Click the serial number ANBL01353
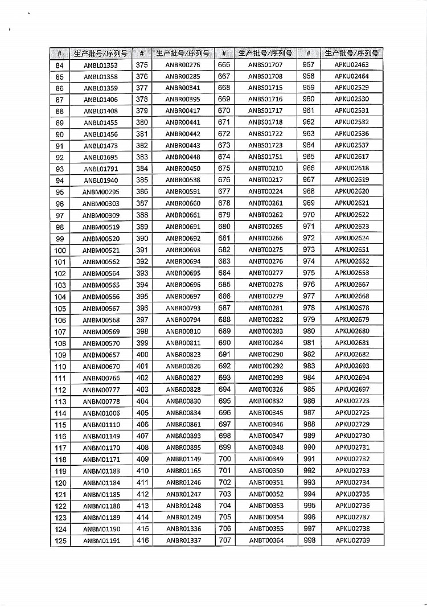(x=101, y=65)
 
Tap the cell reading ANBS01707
(x=265, y=65)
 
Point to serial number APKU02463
(x=351, y=65)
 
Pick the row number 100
(x=60, y=251)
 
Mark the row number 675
(x=224, y=169)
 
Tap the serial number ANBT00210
(x=265, y=169)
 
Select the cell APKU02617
(x=351, y=157)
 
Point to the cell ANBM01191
(x=101, y=541)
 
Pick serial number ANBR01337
(x=183, y=540)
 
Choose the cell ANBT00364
(x=266, y=540)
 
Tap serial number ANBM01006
(x=101, y=413)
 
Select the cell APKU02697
(x=352, y=389)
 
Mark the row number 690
(x=224, y=343)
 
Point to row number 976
(x=309, y=285)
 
